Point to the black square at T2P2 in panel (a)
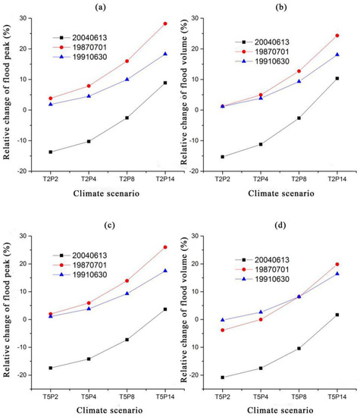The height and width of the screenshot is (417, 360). click(51, 152)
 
